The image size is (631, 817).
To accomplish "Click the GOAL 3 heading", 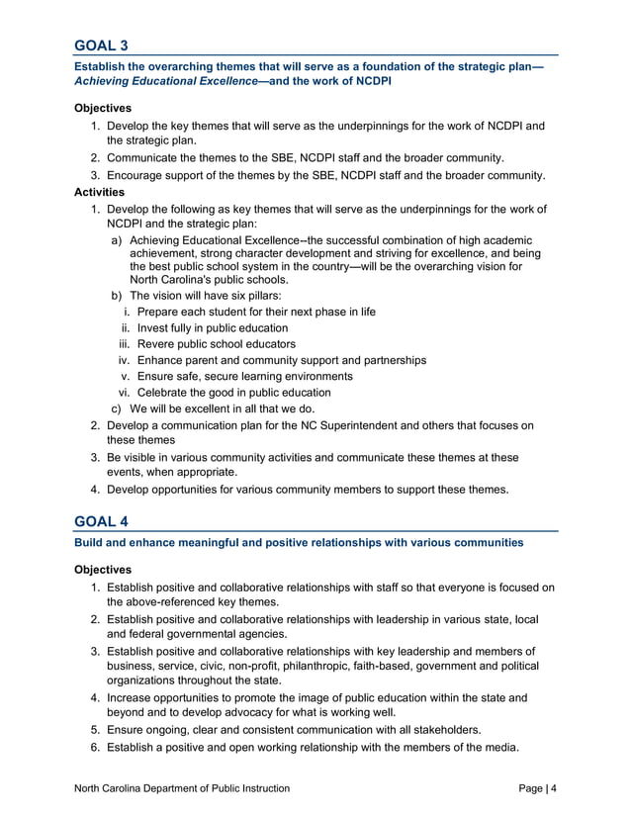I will (101, 45).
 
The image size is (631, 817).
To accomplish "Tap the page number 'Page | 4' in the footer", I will (537, 788).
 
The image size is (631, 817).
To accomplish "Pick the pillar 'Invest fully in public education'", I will (213, 328).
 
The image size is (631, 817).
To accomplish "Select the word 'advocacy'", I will (282, 713).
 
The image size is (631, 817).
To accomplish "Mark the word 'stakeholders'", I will (443, 730).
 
